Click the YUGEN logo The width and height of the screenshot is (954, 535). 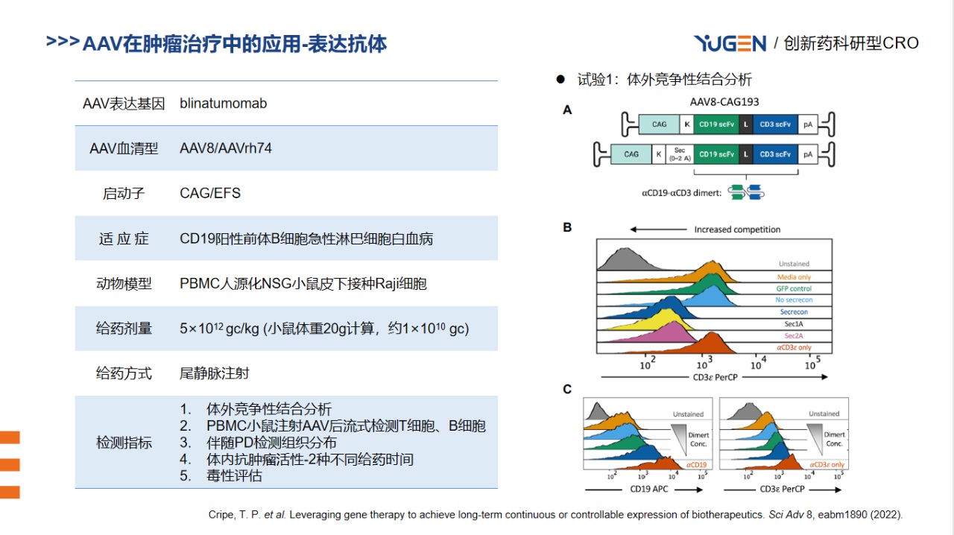click(730, 43)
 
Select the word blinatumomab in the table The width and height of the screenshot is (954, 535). click(223, 104)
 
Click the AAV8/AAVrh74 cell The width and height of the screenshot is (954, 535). click(226, 148)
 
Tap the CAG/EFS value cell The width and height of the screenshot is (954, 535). click(210, 194)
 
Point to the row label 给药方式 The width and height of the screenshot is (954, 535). click(124, 373)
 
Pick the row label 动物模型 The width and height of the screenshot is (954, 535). click(124, 284)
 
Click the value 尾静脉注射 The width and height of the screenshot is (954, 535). click(214, 373)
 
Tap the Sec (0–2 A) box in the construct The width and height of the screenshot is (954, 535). click(679, 154)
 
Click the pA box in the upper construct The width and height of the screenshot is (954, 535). click(808, 124)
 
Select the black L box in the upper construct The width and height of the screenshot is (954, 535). click(745, 124)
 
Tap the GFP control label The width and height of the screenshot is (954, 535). click(795, 288)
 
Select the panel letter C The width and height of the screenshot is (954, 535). click(567, 389)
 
